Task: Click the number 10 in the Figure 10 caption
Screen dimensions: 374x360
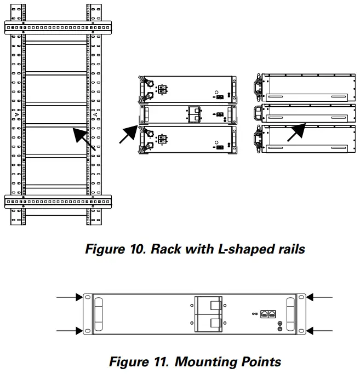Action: click(138, 249)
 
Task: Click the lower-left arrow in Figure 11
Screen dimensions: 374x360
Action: click(70, 331)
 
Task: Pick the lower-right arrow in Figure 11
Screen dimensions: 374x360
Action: click(319, 331)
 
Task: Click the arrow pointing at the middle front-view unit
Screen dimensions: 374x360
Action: click(129, 133)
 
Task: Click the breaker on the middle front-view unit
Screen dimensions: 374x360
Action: click(196, 114)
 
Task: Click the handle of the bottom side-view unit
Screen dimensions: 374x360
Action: click(256, 137)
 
